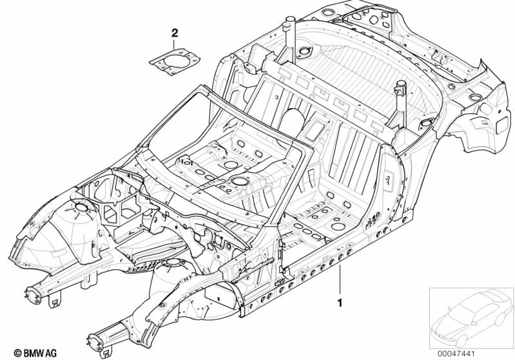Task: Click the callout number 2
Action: tap(175, 33)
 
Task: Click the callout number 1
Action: tap(340, 302)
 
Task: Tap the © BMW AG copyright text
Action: tap(35, 353)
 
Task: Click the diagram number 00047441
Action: tap(456, 354)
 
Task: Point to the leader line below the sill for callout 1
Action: tap(340, 279)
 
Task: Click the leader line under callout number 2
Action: tap(175, 43)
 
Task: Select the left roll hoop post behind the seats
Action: tap(288, 39)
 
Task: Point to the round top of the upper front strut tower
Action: tap(81, 207)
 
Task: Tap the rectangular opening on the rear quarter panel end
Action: tap(501, 125)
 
